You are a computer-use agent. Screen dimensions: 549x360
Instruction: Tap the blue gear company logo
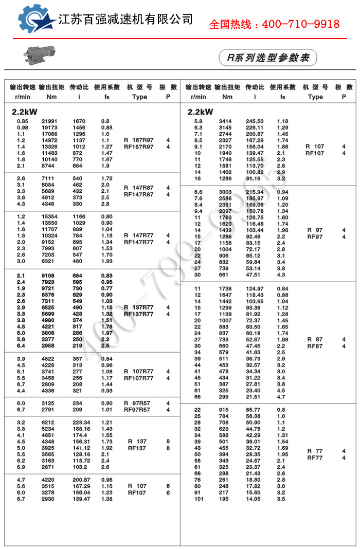[36, 20]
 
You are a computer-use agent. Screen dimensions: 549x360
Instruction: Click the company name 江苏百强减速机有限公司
[126, 20]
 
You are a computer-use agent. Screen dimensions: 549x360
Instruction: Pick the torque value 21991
[50, 121]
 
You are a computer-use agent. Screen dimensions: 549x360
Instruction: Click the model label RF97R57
[137, 410]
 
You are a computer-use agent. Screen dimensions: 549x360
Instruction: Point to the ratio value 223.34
[80, 423]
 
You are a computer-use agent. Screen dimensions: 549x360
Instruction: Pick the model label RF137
[137, 448]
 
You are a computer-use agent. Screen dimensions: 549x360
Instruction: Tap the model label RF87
[315, 346]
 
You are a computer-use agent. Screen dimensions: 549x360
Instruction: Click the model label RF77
[315, 457]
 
